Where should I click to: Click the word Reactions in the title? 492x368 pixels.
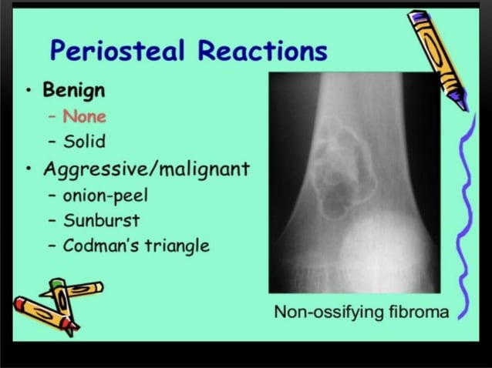coord(262,51)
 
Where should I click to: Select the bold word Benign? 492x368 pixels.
coord(74,91)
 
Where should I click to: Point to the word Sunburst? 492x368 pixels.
coord(101,220)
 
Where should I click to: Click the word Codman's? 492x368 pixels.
coord(99,246)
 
